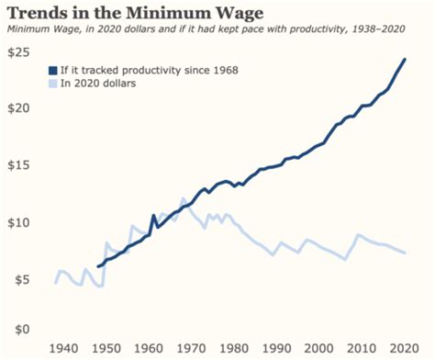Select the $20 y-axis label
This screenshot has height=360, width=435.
coord(19,107)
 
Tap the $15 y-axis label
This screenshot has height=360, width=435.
coord(19,164)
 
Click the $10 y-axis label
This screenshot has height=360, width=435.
coord(19,222)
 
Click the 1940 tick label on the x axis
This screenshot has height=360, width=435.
coord(65,349)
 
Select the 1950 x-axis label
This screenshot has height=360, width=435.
coord(108,349)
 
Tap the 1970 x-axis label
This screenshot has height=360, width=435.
coord(192,349)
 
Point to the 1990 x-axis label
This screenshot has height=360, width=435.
coord(275,349)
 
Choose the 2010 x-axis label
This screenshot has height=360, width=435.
coord(359,349)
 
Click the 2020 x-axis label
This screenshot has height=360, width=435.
coord(401,349)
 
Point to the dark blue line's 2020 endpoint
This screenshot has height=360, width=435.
coord(405,60)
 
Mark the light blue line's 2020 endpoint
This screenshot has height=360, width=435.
coord(405,253)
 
